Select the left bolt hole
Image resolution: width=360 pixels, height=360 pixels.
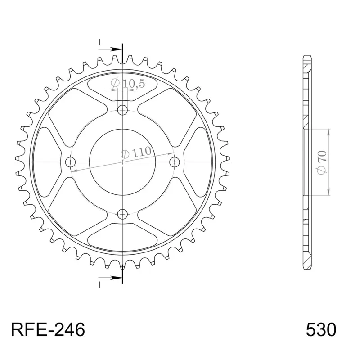coord(70,162)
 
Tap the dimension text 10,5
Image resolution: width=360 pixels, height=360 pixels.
coord(122,83)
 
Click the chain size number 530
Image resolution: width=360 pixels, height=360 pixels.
coord(321,330)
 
